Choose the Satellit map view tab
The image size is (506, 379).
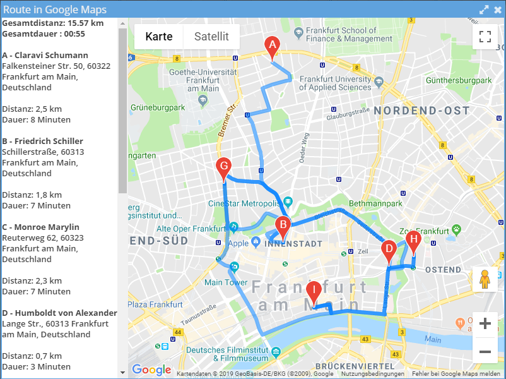tap(211, 37)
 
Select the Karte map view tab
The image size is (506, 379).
tap(159, 37)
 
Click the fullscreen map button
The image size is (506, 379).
tap(485, 37)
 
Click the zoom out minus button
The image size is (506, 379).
tap(485, 351)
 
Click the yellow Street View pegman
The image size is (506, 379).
tap(485, 279)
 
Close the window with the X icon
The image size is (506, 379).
tap(498, 9)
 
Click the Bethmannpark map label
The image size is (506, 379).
tap(375, 204)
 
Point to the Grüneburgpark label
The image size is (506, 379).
tap(158, 107)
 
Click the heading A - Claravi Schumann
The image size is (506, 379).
tap(45, 55)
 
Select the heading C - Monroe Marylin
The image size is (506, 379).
tap(41, 227)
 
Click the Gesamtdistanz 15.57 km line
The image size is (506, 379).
tap(53, 23)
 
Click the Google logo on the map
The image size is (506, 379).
tap(151, 370)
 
